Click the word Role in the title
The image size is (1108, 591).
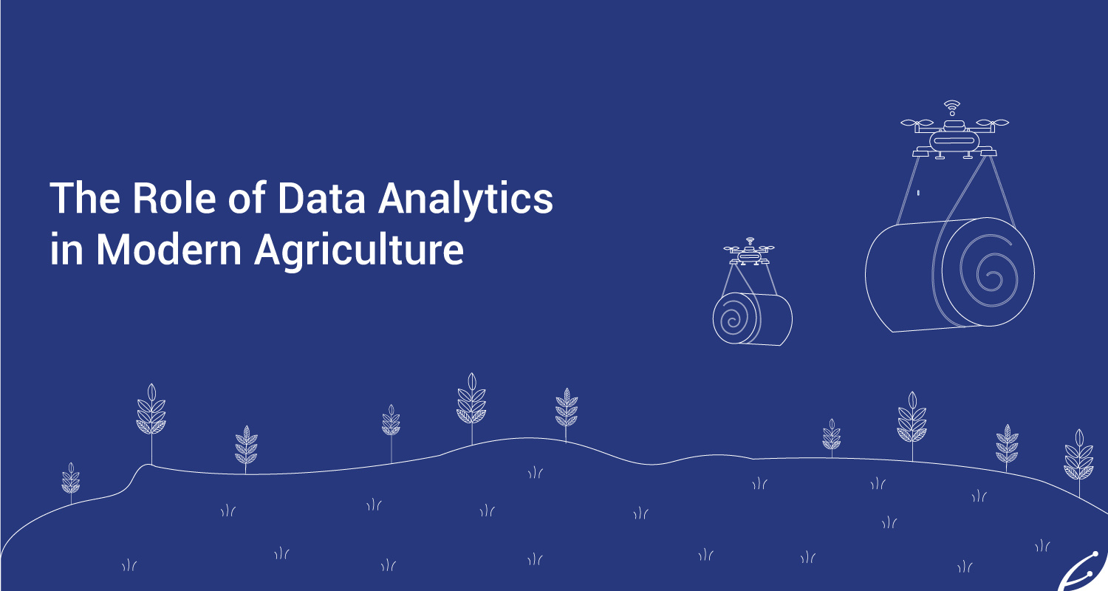click(174, 198)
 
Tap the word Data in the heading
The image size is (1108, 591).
click(321, 198)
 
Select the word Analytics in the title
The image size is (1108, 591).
click(465, 199)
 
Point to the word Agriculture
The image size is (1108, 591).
click(359, 251)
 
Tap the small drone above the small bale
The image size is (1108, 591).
click(748, 251)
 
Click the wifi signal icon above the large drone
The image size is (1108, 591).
click(951, 107)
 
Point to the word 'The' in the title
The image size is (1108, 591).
click(85, 198)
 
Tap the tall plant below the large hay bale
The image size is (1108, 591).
click(912, 426)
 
